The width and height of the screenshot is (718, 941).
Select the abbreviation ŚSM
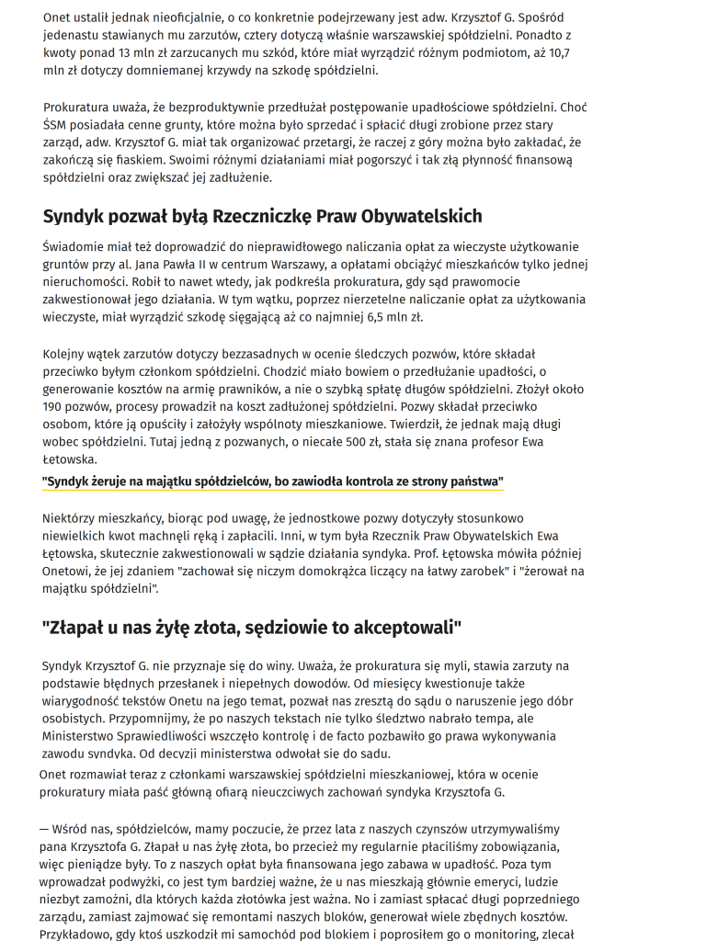coord(57,125)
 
